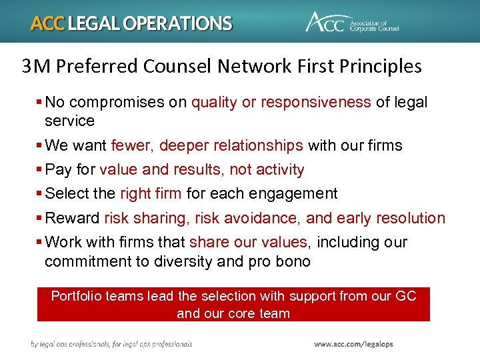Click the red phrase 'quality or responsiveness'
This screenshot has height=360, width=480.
(x=281, y=102)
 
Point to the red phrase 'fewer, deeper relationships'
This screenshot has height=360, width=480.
(x=207, y=145)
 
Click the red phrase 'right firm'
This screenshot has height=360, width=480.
(x=150, y=193)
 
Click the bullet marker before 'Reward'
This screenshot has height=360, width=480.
(x=39, y=219)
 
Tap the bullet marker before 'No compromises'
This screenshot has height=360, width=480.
(x=39, y=103)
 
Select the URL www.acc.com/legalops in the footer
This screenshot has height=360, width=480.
(x=353, y=344)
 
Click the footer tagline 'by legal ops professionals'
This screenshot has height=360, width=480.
(x=73, y=344)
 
